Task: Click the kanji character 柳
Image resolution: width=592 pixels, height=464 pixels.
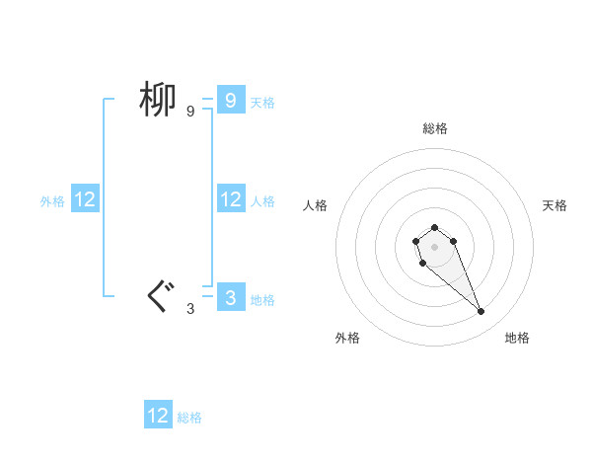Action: click(x=157, y=100)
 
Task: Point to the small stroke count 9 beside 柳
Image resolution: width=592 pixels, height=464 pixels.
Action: click(x=190, y=112)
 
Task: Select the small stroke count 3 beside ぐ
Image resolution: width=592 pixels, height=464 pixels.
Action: click(x=190, y=309)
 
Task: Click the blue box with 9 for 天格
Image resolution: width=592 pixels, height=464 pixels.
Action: click(x=230, y=100)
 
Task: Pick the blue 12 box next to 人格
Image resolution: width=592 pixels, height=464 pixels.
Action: click(x=230, y=199)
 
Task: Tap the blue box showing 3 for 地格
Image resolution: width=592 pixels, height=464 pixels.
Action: click(x=230, y=297)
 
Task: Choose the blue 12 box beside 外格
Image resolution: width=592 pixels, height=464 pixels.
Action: click(x=85, y=199)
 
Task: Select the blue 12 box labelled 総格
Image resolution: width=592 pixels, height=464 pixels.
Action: click(x=158, y=416)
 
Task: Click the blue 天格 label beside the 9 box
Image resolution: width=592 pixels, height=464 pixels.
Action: click(x=262, y=102)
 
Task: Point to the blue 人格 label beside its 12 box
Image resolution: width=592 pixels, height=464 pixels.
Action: click(x=262, y=201)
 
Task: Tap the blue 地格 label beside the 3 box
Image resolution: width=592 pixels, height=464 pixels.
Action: click(x=262, y=300)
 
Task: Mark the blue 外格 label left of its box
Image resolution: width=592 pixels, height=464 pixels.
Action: click(x=52, y=201)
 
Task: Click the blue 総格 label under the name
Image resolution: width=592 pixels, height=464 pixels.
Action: click(x=189, y=418)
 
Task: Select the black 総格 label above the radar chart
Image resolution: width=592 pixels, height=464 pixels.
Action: click(x=435, y=128)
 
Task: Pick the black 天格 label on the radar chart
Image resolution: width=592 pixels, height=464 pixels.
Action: click(x=555, y=205)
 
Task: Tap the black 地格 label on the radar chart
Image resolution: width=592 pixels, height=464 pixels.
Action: click(x=517, y=338)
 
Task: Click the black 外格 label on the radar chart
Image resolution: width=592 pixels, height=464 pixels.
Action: click(x=347, y=338)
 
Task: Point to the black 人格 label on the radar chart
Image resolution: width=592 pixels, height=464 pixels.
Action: click(x=315, y=205)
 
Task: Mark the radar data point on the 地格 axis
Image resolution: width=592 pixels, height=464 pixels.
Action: click(x=481, y=312)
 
